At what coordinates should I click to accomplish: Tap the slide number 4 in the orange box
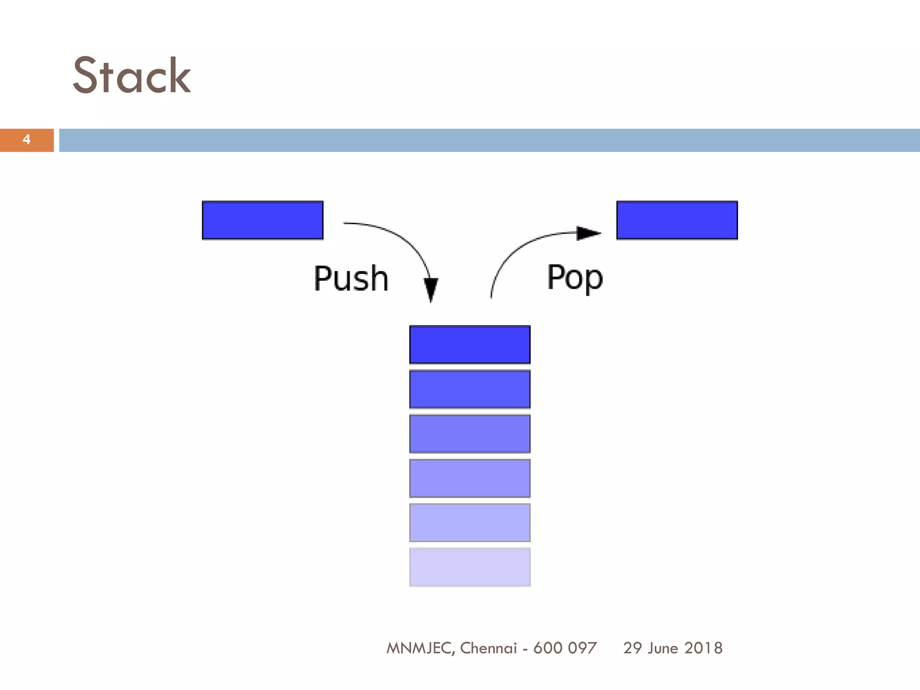pyautogui.click(x=27, y=140)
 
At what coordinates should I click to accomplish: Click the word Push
pyautogui.click(x=351, y=279)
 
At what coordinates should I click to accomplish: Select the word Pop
pyautogui.click(x=575, y=278)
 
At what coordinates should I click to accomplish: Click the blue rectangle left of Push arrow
pyautogui.click(x=263, y=220)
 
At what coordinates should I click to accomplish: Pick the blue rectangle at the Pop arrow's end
pyautogui.click(x=677, y=220)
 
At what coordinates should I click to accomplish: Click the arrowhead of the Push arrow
pyautogui.click(x=431, y=289)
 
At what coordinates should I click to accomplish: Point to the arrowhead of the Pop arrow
pyautogui.click(x=588, y=233)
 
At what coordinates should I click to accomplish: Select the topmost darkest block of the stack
pyautogui.click(x=470, y=345)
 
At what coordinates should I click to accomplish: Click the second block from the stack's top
pyautogui.click(x=470, y=389)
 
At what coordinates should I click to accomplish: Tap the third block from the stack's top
pyautogui.click(x=470, y=433)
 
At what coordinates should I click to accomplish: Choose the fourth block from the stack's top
pyautogui.click(x=470, y=478)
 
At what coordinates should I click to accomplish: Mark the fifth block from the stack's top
pyautogui.click(x=470, y=522)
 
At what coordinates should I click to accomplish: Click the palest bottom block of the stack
pyautogui.click(x=470, y=567)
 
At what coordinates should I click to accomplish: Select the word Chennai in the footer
pyautogui.click(x=488, y=648)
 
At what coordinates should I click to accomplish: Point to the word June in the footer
pyautogui.click(x=663, y=648)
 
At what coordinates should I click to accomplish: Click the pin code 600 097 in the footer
pyautogui.click(x=565, y=648)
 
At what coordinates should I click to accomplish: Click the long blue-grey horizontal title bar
pyautogui.click(x=489, y=140)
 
